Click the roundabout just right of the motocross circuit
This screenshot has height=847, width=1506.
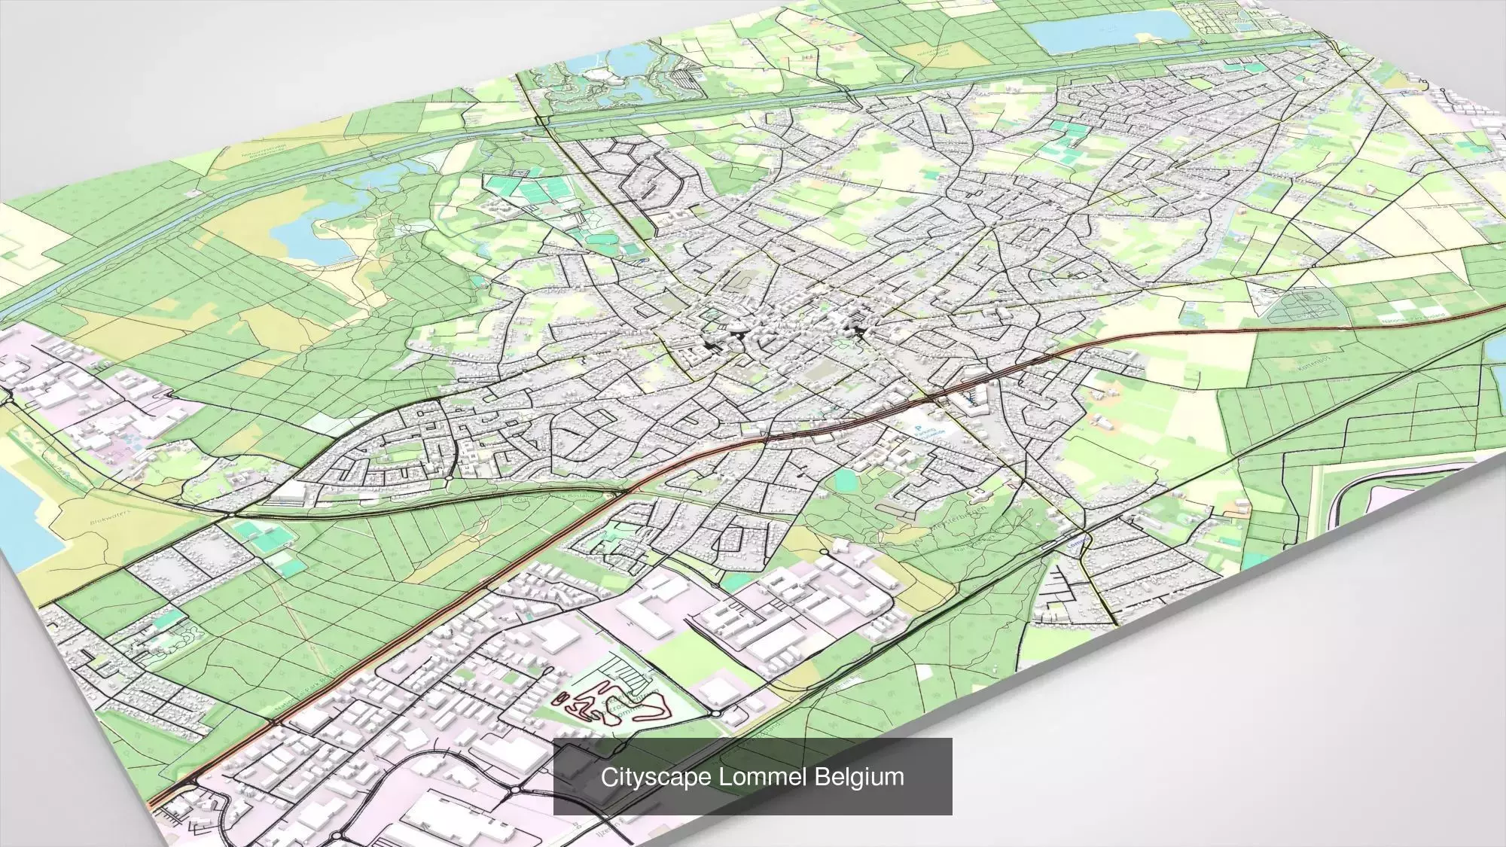pyautogui.click(x=716, y=712)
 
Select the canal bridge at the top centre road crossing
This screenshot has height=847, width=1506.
pyautogui.click(x=541, y=120)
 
